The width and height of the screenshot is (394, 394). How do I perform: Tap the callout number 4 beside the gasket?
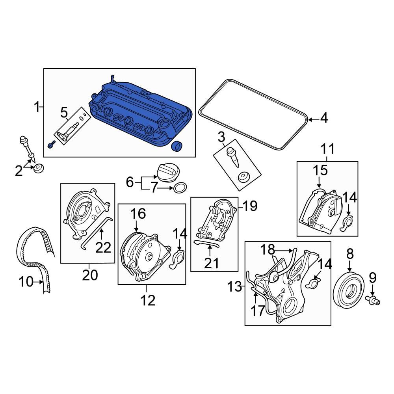(323, 118)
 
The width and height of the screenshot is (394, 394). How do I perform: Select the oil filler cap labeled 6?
(167, 173)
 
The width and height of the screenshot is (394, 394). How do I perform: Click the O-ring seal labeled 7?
(180, 188)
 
